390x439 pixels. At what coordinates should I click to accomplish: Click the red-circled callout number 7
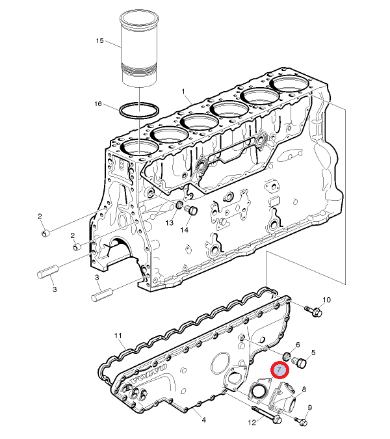279,369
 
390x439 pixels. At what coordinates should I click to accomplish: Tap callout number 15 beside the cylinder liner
99,41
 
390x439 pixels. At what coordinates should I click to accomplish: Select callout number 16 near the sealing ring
98,104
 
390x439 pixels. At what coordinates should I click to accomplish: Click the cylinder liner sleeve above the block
139,47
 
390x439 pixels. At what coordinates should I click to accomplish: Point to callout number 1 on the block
183,92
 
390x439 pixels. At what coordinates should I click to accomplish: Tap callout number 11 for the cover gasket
118,336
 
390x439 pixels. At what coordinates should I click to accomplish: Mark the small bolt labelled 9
300,421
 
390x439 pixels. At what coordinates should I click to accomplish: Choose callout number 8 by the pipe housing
304,389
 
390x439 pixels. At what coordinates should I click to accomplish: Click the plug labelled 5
299,363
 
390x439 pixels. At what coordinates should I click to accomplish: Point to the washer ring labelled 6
287,356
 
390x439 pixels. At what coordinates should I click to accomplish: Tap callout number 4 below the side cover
204,419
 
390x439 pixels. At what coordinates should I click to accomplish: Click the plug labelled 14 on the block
191,210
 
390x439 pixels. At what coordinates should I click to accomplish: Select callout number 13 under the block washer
170,223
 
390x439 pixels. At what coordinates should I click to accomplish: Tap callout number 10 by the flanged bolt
326,300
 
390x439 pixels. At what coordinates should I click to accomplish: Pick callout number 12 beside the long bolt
252,423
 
